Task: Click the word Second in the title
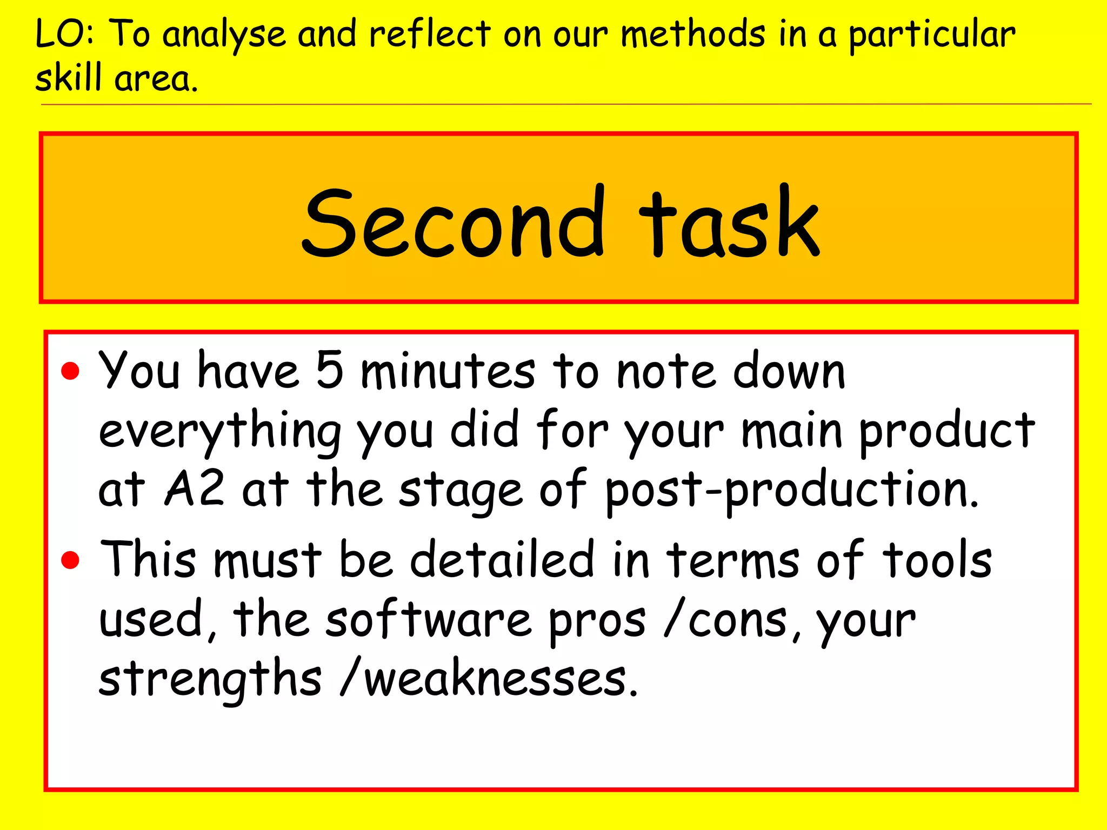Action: click(x=453, y=223)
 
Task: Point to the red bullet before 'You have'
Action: click(x=70, y=372)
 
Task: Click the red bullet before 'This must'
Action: click(x=70, y=560)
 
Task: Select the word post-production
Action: click(x=791, y=491)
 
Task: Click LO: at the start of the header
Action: click(x=65, y=35)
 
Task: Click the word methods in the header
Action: click(x=693, y=35)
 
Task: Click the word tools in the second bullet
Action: click(x=937, y=560)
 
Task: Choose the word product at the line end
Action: click(x=946, y=432)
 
